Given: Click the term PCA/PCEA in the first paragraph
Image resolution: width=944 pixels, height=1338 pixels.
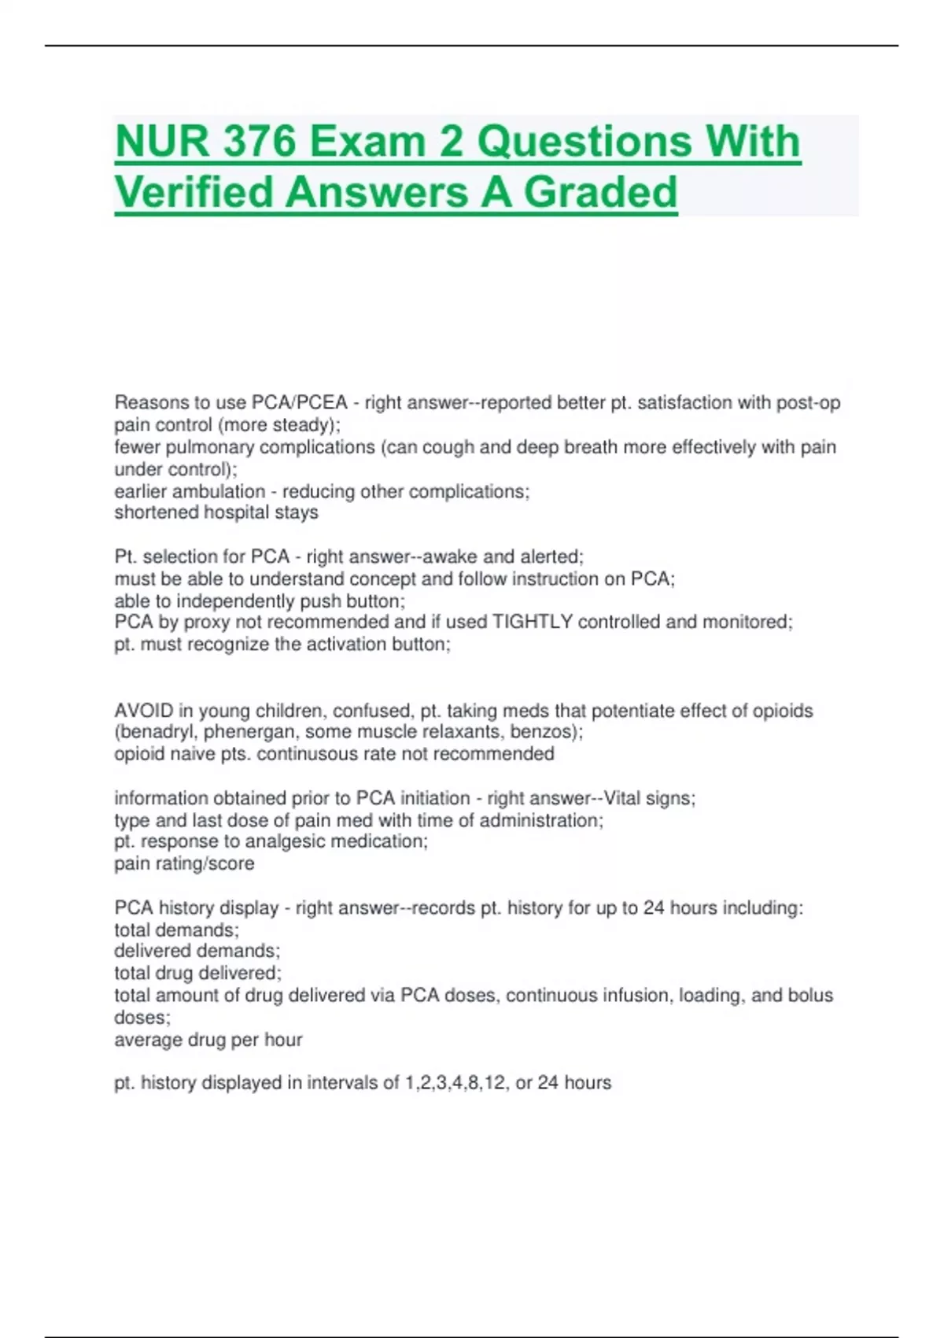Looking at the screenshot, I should pos(299,403).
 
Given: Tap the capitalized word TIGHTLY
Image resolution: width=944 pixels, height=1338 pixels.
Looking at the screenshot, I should pos(533,622).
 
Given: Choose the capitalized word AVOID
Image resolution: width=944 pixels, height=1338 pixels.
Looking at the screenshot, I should pos(144,711).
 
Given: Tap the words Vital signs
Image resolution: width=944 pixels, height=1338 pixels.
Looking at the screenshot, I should pos(649,798).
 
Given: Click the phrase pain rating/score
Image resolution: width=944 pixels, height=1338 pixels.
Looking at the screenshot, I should pos(184,863).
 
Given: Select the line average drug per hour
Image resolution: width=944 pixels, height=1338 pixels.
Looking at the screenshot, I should pos(208,1040).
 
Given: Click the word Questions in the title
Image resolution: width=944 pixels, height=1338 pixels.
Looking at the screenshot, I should pos(585,142).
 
